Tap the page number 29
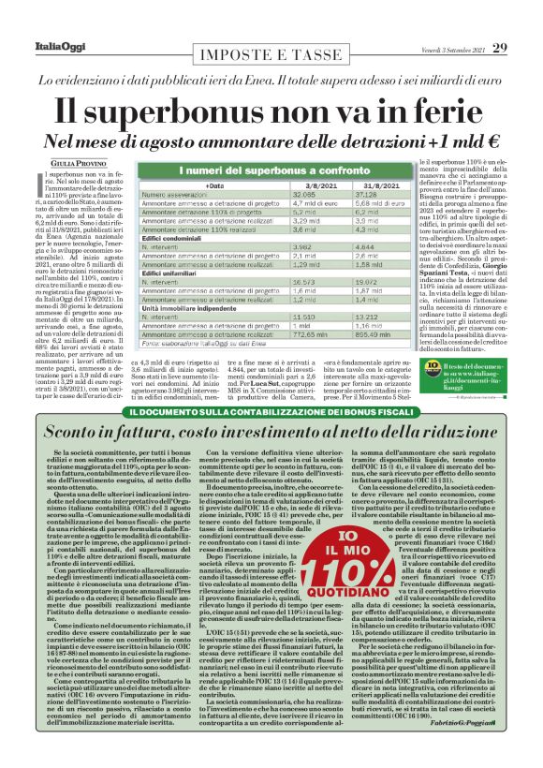[x=525, y=21]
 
